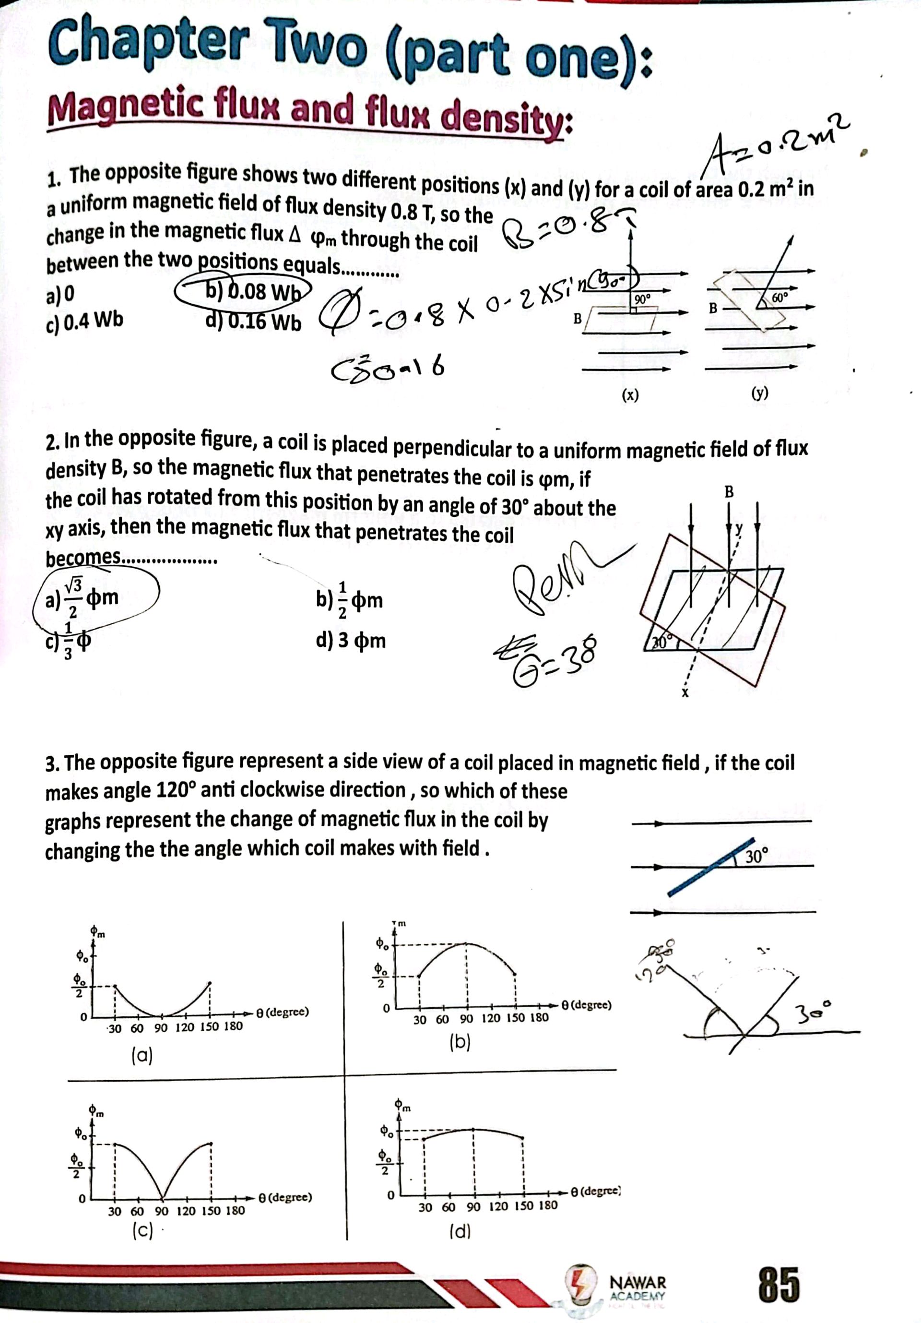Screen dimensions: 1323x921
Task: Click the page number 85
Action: click(778, 1285)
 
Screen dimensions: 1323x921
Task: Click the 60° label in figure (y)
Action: click(779, 298)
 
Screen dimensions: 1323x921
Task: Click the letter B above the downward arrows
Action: click(729, 491)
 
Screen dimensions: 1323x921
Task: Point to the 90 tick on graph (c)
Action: click(161, 1211)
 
